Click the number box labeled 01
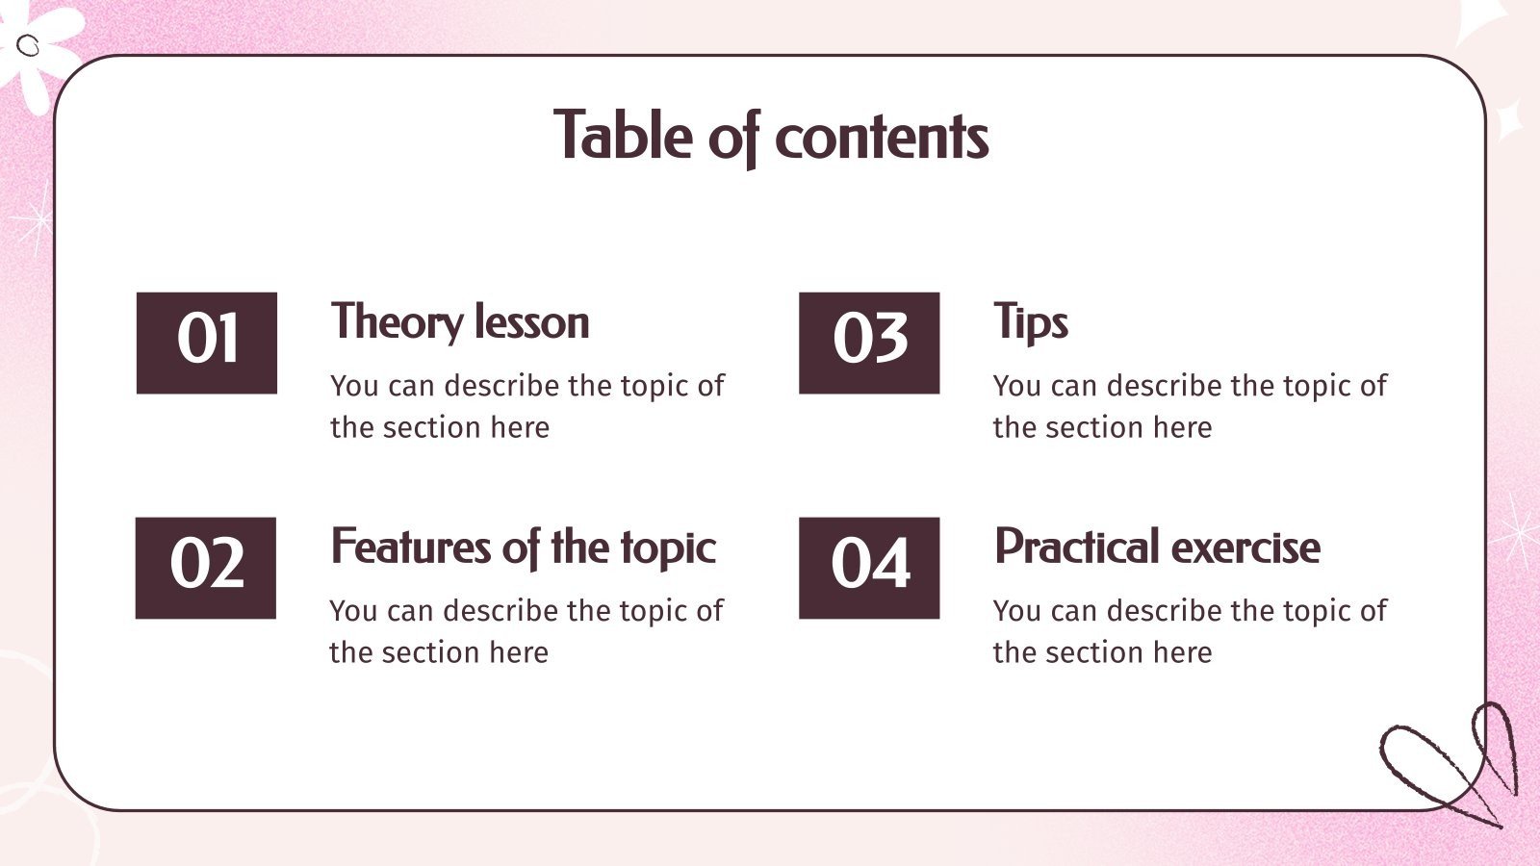[x=207, y=343]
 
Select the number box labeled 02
[x=206, y=568]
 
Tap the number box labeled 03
[x=869, y=343]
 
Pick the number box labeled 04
[x=869, y=568]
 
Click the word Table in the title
[x=623, y=136]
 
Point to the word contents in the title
[x=881, y=138]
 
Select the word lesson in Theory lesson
[x=531, y=322]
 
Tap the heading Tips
[x=1030, y=322]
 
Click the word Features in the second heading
[x=411, y=548]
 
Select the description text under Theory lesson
[x=526, y=406]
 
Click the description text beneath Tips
[x=1190, y=406]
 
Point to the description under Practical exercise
[x=1190, y=631]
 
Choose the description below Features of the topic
[x=526, y=631]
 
